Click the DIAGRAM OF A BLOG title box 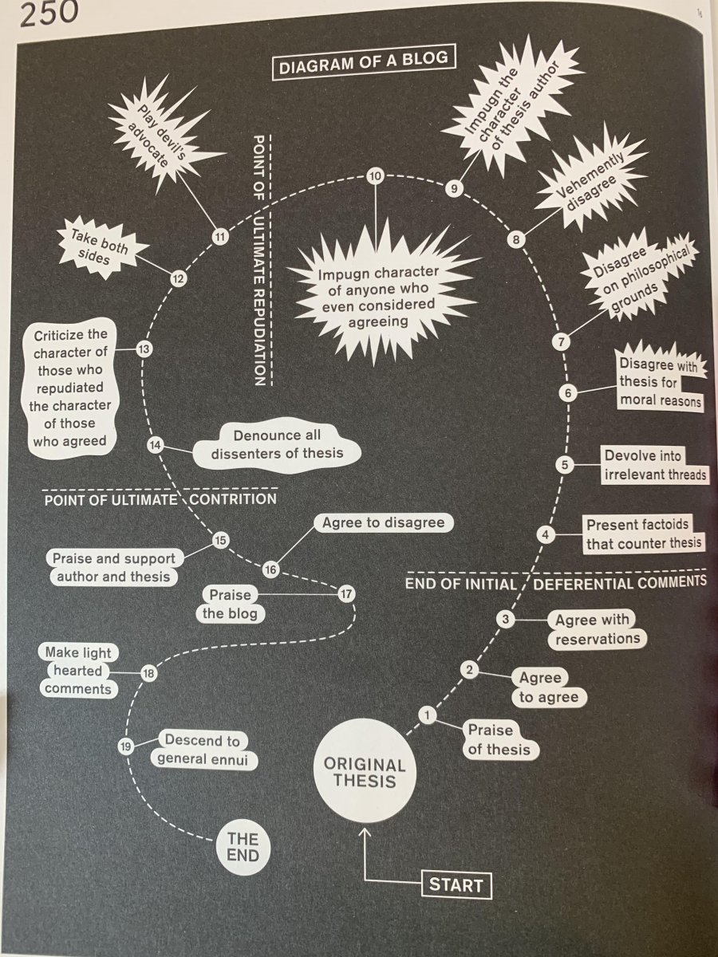pyautogui.click(x=364, y=61)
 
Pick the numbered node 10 pyautogui.click(x=375, y=176)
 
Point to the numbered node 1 pyautogui.click(x=428, y=715)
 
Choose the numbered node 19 pyautogui.click(x=125, y=746)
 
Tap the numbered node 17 pyautogui.click(x=346, y=594)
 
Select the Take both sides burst pyautogui.click(x=101, y=246)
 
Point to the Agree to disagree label pyautogui.click(x=383, y=522)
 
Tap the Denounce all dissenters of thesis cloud pyautogui.click(x=277, y=445)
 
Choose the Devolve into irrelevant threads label pyautogui.click(x=655, y=465)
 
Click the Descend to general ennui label pyautogui.click(x=203, y=750)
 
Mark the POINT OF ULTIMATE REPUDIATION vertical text pyautogui.click(x=259, y=260)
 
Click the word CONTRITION pyautogui.click(x=233, y=498)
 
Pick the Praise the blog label pyautogui.click(x=231, y=605)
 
